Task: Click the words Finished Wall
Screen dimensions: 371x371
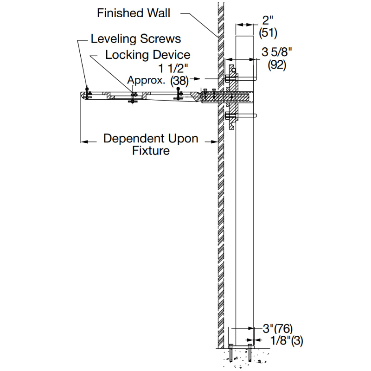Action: pos(133,13)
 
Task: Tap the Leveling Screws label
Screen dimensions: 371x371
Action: pos(135,38)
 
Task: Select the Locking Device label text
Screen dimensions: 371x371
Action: pos(147,55)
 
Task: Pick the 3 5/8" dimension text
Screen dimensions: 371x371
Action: pos(277,51)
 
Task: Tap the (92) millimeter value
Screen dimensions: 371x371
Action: pos(277,64)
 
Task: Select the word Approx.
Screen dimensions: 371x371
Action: pos(146,80)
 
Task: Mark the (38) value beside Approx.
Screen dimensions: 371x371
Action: pos(179,80)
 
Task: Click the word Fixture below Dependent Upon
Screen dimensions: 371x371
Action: pos(151,151)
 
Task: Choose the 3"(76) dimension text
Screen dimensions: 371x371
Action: pos(278,328)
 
